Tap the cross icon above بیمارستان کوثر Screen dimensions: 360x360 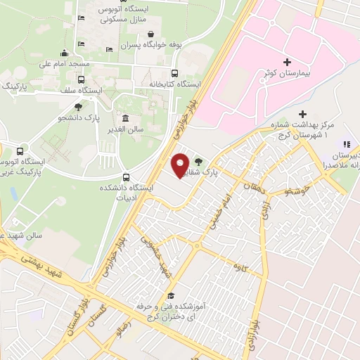pos(287,62)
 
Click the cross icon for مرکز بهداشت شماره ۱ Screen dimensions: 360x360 pos(302,113)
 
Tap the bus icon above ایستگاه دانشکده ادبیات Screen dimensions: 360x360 pos(126,176)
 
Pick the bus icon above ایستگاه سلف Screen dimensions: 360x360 pos(81,79)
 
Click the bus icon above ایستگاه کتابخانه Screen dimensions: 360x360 pos(174,72)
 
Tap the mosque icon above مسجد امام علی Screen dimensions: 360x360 pos(65,53)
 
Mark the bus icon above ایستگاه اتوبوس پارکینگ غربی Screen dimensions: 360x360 pos(19,150)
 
